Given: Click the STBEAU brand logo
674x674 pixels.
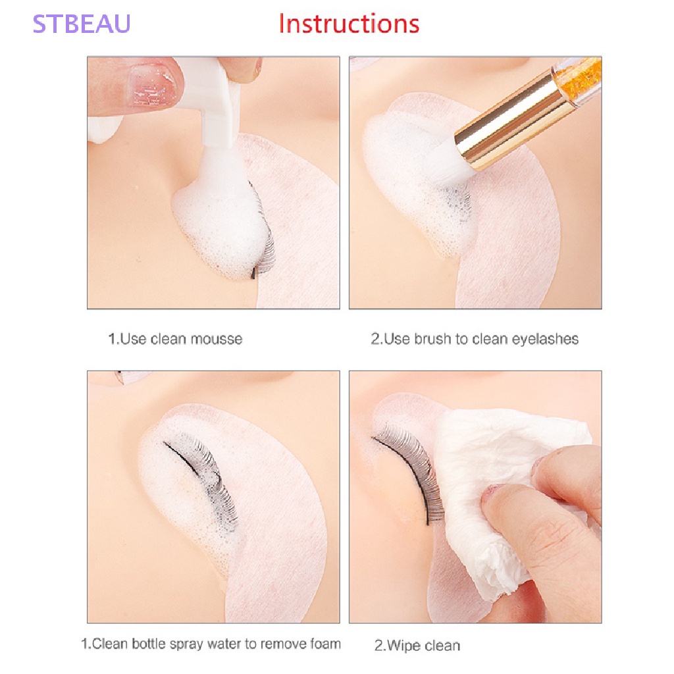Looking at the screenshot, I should pos(82,23).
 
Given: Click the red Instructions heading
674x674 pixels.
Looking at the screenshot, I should pos(348,24).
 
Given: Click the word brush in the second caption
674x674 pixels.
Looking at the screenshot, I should pos(433,339).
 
